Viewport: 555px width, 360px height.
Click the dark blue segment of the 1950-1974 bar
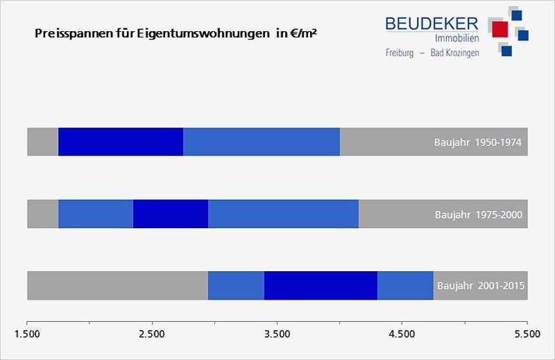(121, 142)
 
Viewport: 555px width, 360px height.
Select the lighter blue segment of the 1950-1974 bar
(262, 142)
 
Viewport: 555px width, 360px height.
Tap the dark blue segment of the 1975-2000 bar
(171, 214)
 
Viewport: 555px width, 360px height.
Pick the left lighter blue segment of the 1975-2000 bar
(96, 214)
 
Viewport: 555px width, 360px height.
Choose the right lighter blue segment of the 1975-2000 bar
(283, 214)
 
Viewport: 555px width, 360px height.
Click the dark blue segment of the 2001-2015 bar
(321, 285)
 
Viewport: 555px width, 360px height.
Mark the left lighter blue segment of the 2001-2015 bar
(236, 285)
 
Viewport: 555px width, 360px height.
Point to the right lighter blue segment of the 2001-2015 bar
(405, 285)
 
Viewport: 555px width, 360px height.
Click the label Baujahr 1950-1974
(477, 143)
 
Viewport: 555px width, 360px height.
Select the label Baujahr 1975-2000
(479, 214)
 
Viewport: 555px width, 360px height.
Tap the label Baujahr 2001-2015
(481, 286)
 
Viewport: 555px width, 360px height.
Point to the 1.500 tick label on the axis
(27, 334)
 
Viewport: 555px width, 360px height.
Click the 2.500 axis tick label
(152, 334)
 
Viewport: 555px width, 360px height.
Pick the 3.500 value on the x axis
(277, 334)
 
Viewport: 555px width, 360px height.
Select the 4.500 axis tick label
(402, 334)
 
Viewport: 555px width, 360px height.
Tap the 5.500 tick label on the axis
(527, 334)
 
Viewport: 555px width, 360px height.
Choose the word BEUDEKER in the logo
(432, 24)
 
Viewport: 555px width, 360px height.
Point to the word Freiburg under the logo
(400, 53)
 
